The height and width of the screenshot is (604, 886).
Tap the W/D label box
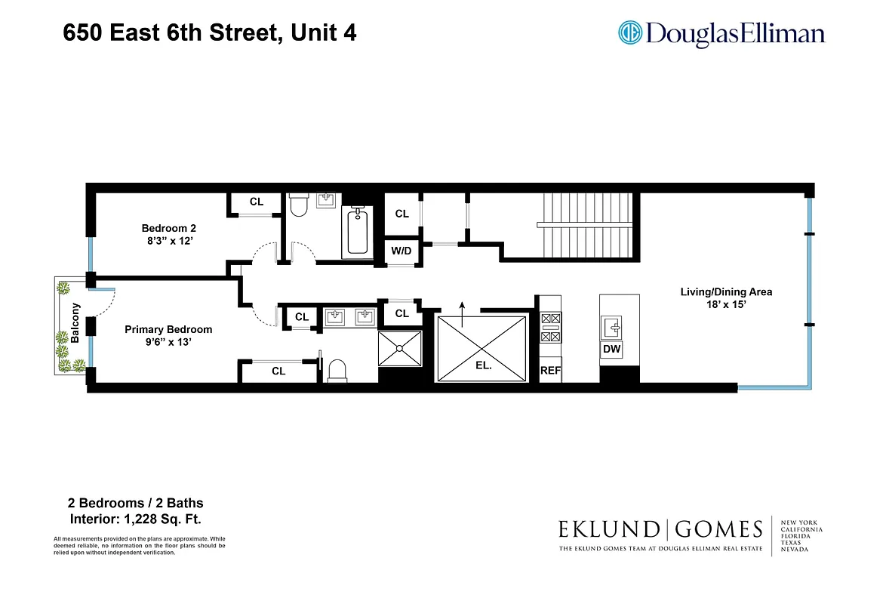(x=401, y=251)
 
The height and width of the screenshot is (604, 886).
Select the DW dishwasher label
(x=611, y=350)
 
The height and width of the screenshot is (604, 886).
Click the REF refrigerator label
(x=550, y=371)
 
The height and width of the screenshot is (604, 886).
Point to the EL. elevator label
(x=484, y=365)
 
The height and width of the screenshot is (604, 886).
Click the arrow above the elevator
(x=463, y=305)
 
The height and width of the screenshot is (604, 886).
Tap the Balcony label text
(x=75, y=323)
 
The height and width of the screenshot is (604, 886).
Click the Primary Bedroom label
(x=168, y=329)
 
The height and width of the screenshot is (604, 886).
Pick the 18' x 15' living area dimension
(x=726, y=305)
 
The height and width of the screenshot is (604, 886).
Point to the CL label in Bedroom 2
(x=257, y=202)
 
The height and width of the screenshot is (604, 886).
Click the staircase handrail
(x=586, y=225)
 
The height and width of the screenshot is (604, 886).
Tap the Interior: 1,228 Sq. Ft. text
(x=136, y=519)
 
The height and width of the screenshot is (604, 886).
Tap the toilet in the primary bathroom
(x=337, y=370)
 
